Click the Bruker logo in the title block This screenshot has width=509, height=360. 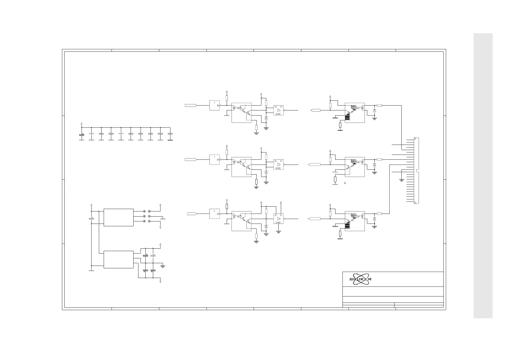click(x=360, y=279)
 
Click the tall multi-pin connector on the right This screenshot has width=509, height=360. click(x=417, y=171)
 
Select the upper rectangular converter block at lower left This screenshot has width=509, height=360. click(x=118, y=217)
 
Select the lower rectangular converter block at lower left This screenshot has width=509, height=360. click(x=118, y=259)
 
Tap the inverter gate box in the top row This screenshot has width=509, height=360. click(x=215, y=105)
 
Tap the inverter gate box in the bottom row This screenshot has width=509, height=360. click(x=215, y=214)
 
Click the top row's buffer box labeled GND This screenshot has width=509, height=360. click(x=278, y=110)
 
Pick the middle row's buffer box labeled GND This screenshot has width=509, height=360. click(x=278, y=165)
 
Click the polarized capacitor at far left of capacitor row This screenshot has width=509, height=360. click(x=82, y=136)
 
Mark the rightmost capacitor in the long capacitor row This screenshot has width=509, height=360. click(x=170, y=136)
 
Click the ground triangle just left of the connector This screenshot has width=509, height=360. click(x=401, y=180)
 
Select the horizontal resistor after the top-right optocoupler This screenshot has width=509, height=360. click(x=379, y=105)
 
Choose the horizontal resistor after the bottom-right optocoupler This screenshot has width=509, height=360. click(x=379, y=214)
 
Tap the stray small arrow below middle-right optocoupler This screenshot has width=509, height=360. click(x=345, y=183)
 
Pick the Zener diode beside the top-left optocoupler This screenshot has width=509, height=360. click(x=266, y=117)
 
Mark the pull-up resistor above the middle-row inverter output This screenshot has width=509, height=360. click(x=227, y=152)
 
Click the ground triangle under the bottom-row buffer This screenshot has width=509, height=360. click(x=278, y=232)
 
